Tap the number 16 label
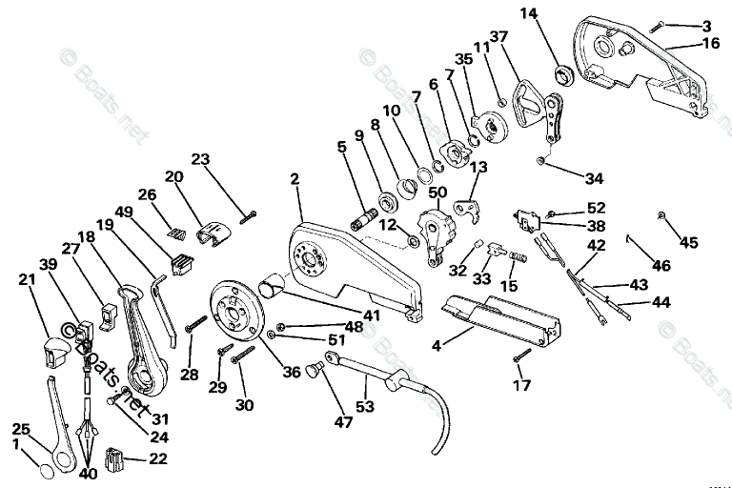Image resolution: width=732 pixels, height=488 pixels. [712, 43]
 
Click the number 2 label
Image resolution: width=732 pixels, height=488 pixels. [295, 178]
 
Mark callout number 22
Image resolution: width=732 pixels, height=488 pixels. [156, 459]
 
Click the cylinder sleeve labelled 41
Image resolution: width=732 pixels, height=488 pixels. [275, 283]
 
